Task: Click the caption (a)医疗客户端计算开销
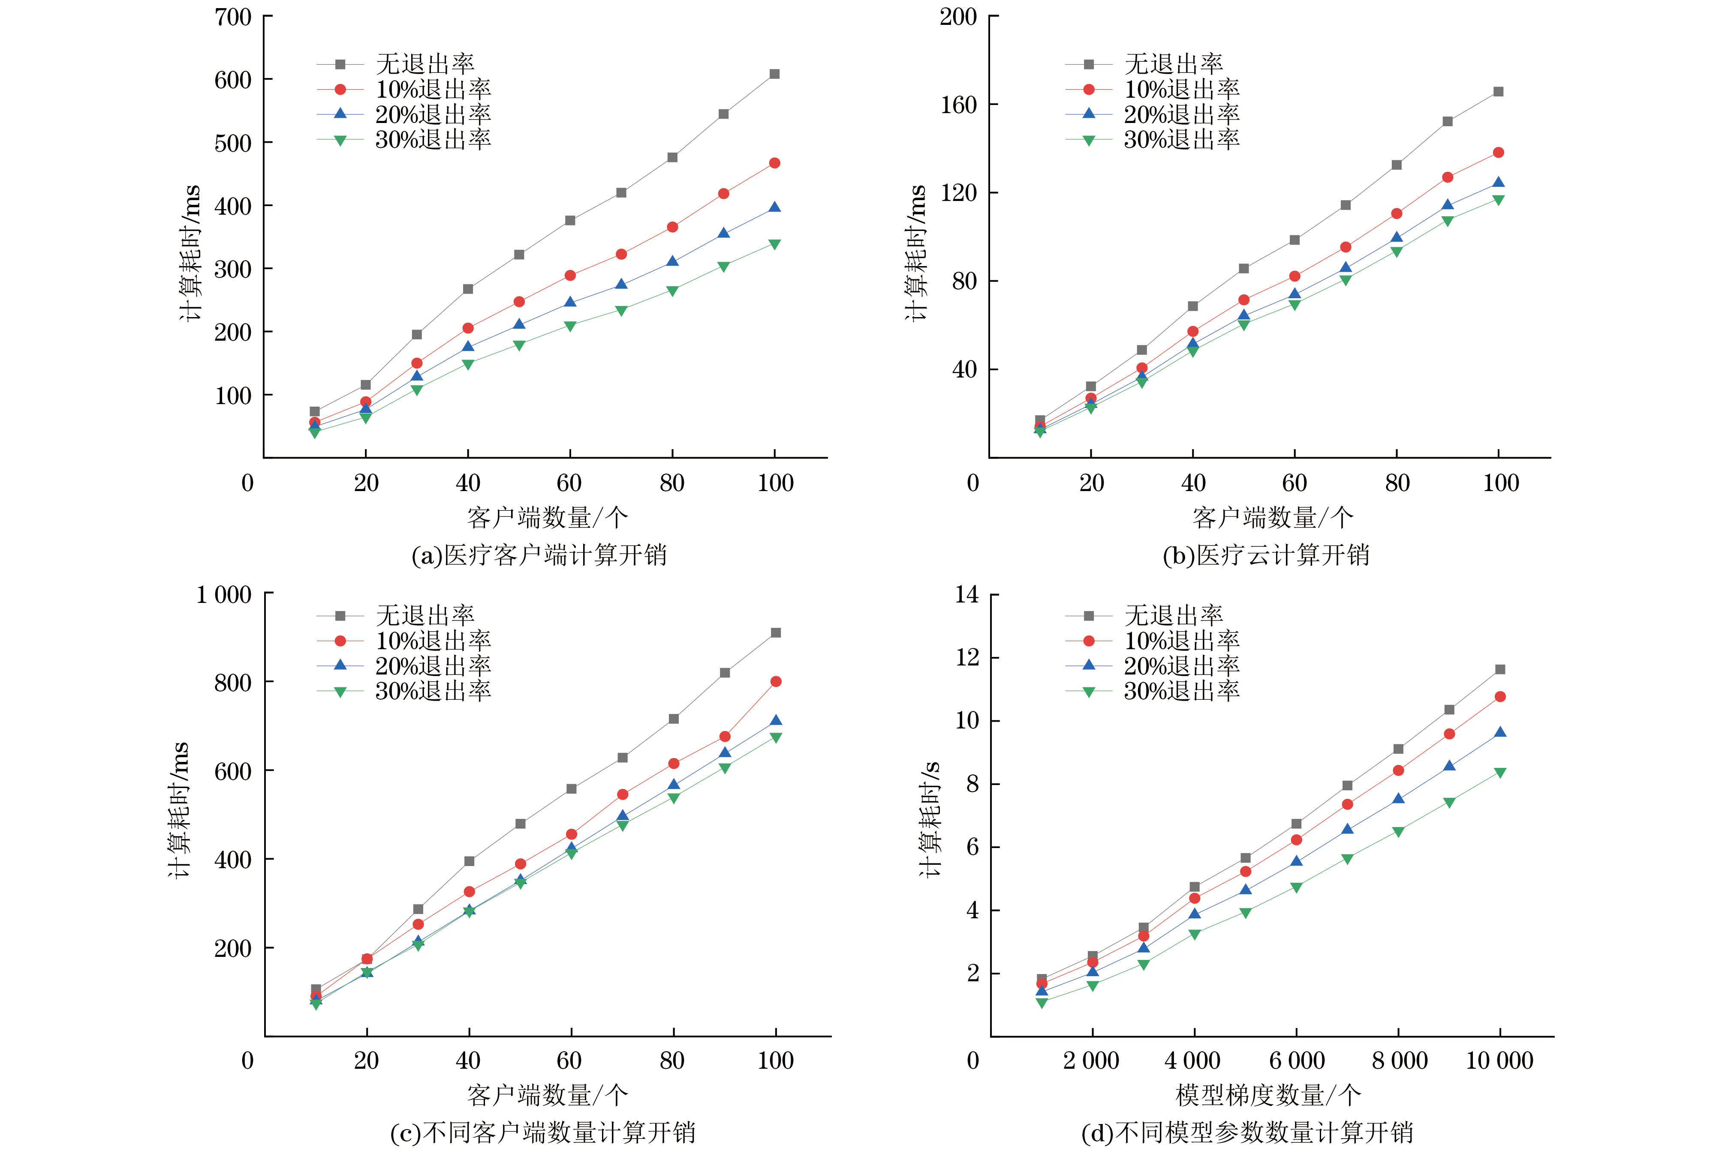pyautogui.click(x=539, y=555)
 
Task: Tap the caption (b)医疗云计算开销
pyautogui.click(x=1265, y=555)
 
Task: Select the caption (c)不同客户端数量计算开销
pyautogui.click(x=542, y=1132)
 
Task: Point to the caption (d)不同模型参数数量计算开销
pyautogui.click(x=1247, y=1132)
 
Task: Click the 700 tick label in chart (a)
pyautogui.click(x=233, y=17)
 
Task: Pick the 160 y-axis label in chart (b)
pyautogui.click(x=958, y=105)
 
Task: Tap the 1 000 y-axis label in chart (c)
pyautogui.click(x=223, y=595)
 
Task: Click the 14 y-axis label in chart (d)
pyautogui.click(x=966, y=595)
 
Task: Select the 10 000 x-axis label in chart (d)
pyautogui.click(x=1499, y=1061)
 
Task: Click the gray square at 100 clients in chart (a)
pyautogui.click(x=774, y=74)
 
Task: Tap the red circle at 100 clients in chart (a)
pyautogui.click(x=774, y=163)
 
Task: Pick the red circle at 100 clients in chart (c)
pyautogui.click(x=775, y=681)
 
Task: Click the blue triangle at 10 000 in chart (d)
pyautogui.click(x=1499, y=732)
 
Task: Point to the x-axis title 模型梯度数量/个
pyautogui.click(x=1268, y=1095)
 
